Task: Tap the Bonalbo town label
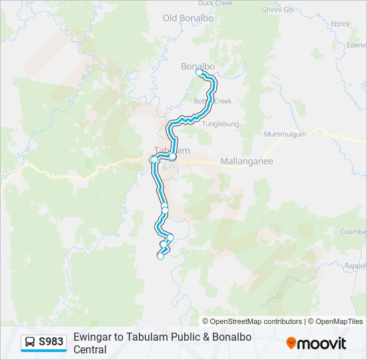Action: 198,66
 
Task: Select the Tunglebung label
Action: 220,124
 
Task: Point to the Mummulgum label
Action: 285,134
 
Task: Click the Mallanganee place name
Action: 247,161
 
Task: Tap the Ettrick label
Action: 340,24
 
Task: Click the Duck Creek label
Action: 214,3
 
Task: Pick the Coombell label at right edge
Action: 353,232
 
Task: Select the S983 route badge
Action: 44,343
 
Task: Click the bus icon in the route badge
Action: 30,343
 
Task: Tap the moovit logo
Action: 316,343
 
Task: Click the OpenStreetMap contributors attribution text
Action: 252,321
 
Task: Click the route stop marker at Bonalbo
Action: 199,73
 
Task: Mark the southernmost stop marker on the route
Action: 160,257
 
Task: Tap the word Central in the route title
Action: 90,349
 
